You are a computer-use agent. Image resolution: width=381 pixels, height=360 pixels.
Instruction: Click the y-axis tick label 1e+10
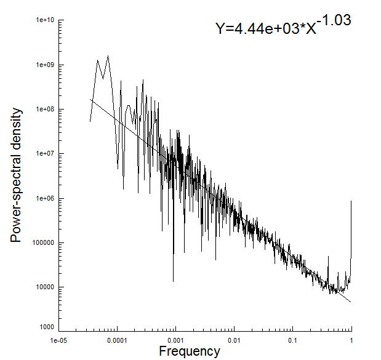pyautogui.click(x=47, y=20)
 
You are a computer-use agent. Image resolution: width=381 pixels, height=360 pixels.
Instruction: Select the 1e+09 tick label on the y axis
pyautogui.click(x=47, y=65)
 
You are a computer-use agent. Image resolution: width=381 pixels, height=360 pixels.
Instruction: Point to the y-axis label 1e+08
pyautogui.click(x=47, y=110)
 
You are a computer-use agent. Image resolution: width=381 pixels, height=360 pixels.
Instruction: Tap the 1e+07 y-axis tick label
pyautogui.click(x=47, y=154)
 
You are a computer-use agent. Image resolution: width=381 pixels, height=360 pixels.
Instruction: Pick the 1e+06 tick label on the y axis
pyautogui.click(x=47, y=199)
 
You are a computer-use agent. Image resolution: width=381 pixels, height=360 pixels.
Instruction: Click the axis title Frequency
pyautogui.click(x=190, y=351)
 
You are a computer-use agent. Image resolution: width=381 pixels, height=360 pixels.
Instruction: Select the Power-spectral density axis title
pyautogui.click(x=17, y=175)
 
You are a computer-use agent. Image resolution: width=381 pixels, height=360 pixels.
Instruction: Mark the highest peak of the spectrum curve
pyautogui.click(x=108, y=56)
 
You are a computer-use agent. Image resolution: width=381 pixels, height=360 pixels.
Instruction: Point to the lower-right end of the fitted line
pyautogui.click(x=351, y=302)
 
